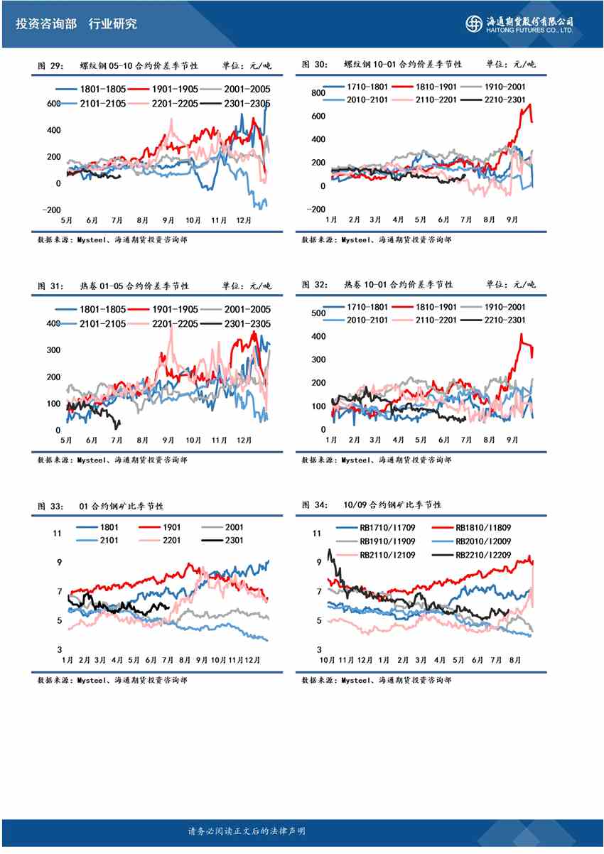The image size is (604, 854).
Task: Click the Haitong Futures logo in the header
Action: pos(519,23)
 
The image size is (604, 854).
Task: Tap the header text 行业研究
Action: pos(113,23)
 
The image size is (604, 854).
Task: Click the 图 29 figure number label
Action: pos(50,65)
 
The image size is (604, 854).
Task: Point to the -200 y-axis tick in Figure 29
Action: pos(51,210)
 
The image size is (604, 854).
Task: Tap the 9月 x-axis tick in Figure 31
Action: pos(168,440)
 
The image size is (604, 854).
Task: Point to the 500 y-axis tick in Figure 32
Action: pos(318,313)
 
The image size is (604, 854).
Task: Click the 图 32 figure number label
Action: pos(315,284)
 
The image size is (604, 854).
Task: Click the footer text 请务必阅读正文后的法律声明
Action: pos(247,831)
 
